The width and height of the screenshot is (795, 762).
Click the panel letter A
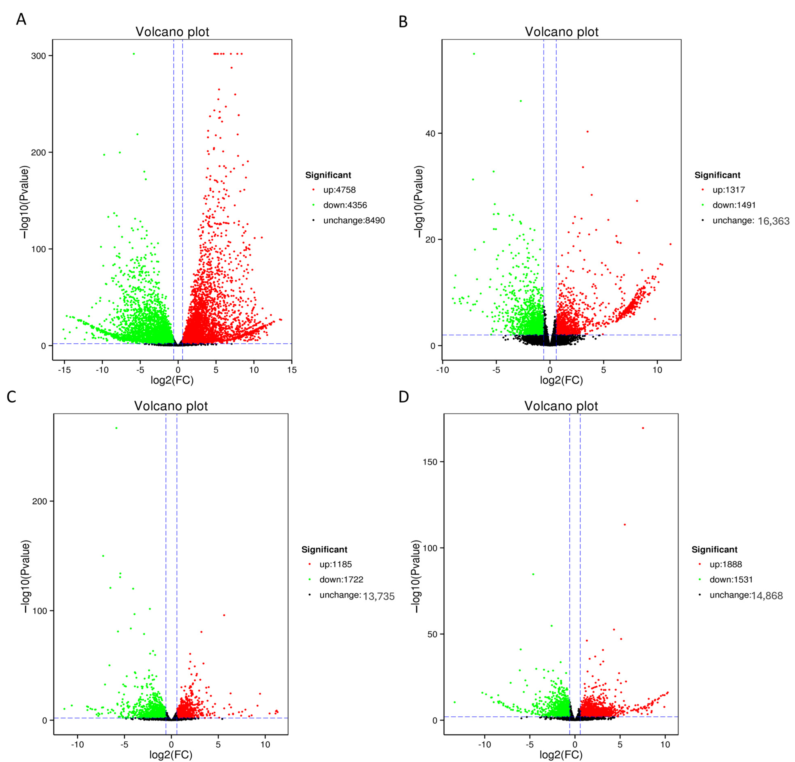click(x=21, y=19)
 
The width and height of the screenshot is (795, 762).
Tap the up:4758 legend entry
click(x=339, y=190)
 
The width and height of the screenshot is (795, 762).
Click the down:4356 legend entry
click(x=345, y=205)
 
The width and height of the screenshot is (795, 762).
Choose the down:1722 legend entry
click(x=341, y=580)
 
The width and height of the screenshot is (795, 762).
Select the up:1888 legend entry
click(x=725, y=564)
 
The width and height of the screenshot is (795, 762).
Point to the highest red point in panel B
click(x=587, y=131)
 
